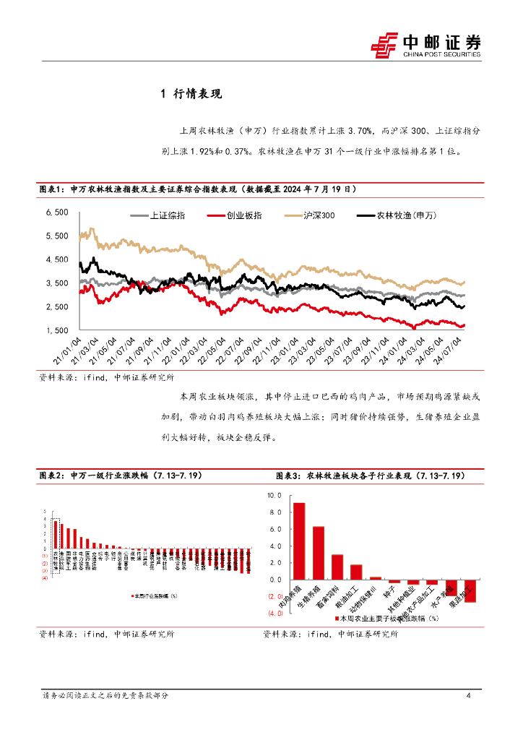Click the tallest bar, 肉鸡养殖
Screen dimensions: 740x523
(298, 541)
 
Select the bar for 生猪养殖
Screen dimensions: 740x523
(318, 553)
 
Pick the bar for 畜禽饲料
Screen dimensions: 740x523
(337, 567)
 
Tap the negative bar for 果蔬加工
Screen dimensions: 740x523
(470, 591)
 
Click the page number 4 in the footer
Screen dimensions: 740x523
(469, 696)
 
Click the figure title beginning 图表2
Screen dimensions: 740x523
(120, 476)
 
